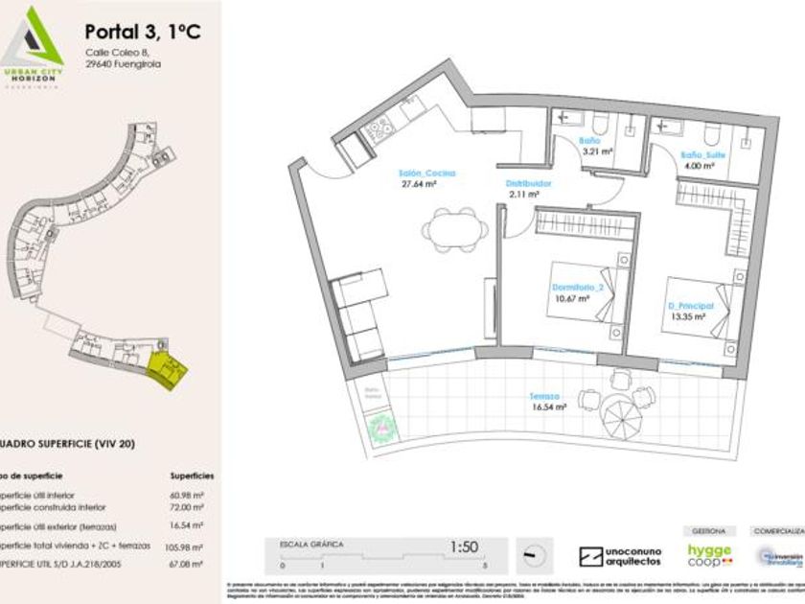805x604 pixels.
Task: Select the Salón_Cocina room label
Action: pos(426,174)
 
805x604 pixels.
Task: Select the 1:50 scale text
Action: pos(464,547)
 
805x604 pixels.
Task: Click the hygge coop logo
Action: pos(709,555)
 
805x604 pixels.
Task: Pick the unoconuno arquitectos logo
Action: pos(620,556)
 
